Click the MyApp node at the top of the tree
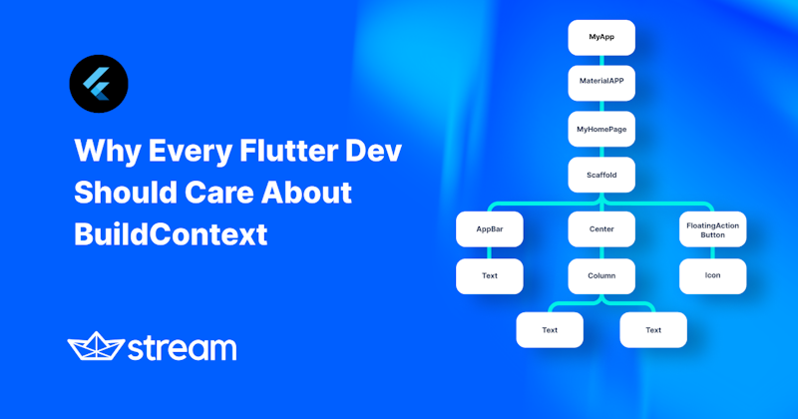click(x=601, y=37)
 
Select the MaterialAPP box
click(x=601, y=83)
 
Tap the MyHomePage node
click(x=601, y=129)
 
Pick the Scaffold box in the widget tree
click(x=601, y=175)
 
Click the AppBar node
click(x=490, y=228)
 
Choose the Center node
click(x=601, y=228)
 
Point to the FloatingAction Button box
click(x=712, y=228)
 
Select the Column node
click(x=601, y=275)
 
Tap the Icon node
click(x=712, y=275)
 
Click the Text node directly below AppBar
click(x=490, y=275)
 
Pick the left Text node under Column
click(x=550, y=330)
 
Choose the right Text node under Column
click(x=653, y=330)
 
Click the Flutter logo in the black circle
click(x=98, y=83)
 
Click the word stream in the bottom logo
click(x=182, y=348)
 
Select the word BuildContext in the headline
click(x=171, y=234)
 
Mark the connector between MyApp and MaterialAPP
click(x=601, y=60)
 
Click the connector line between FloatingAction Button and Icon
click(x=712, y=252)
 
